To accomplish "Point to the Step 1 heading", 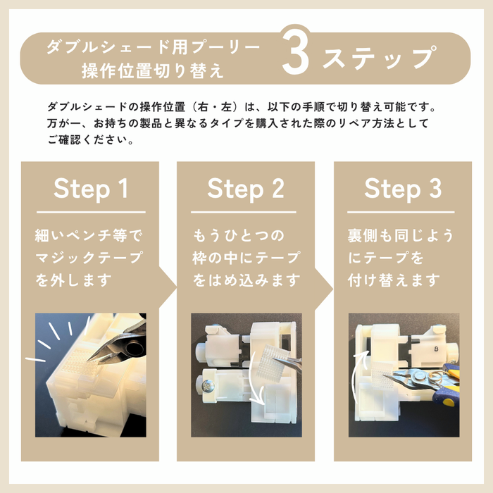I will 91,189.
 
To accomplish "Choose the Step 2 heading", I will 246,189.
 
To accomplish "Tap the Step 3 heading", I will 403,189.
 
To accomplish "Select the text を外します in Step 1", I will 73,280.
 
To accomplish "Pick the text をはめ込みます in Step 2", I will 246,280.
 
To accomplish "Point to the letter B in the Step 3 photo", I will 437,349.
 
